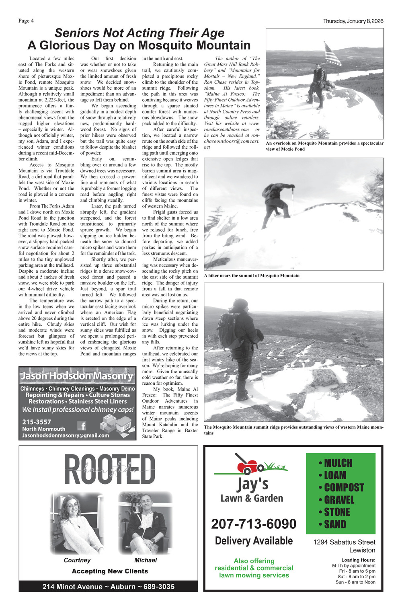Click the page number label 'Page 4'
(x=26, y=21)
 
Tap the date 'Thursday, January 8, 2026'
(x=353, y=21)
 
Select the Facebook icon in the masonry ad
(x=82, y=426)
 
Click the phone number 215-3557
(x=37, y=422)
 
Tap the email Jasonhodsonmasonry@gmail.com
(x=66, y=435)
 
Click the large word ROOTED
(x=109, y=470)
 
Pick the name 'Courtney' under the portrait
(x=77, y=560)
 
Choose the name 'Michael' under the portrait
(x=146, y=560)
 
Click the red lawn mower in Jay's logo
(x=247, y=465)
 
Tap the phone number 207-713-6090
(x=254, y=524)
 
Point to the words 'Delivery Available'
(x=254, y=541)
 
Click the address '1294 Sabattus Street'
(x=344, y=542)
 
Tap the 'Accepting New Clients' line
(x=110, y=571)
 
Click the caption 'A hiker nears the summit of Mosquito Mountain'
(x=252, y=275)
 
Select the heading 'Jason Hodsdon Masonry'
(x=77, y=376)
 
